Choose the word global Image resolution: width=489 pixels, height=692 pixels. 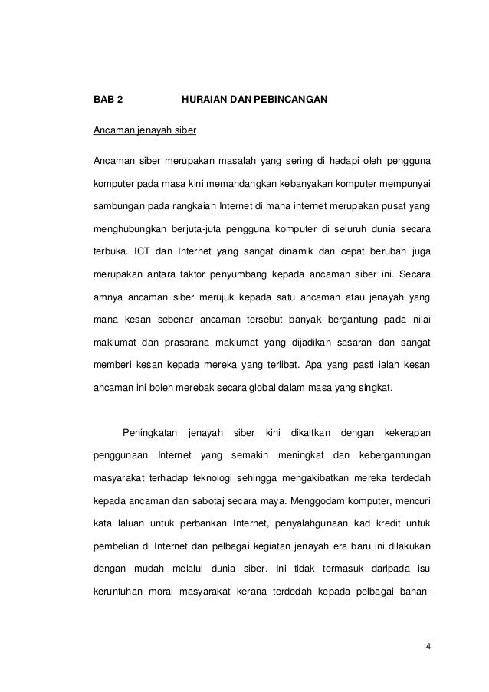point(273,387)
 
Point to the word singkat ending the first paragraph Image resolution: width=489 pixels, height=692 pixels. point(373,387)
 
